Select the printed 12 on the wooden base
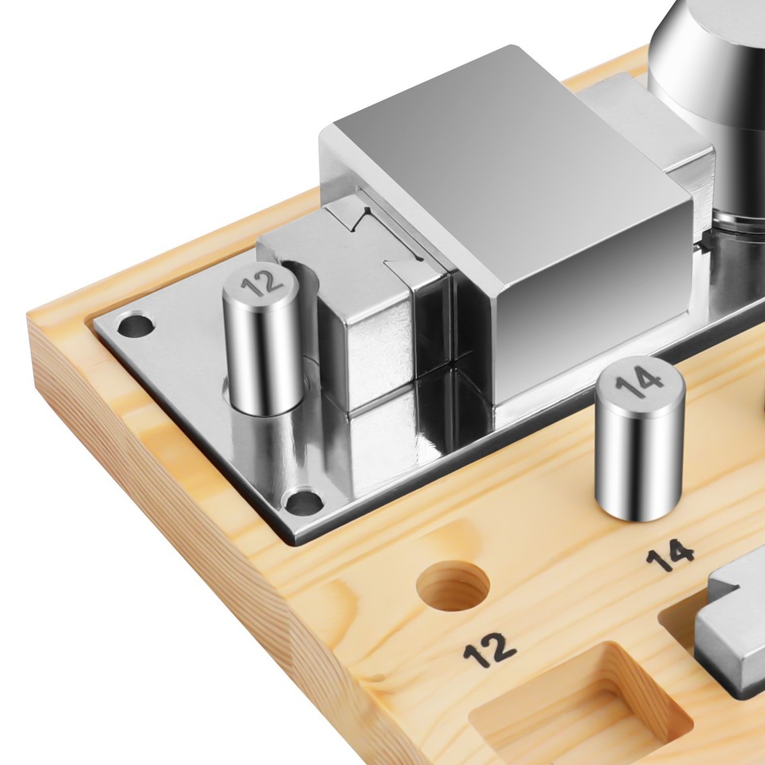(489, 650)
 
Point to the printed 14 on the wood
(669, 555)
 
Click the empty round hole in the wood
(453, 586)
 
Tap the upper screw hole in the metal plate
(136, 324)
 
